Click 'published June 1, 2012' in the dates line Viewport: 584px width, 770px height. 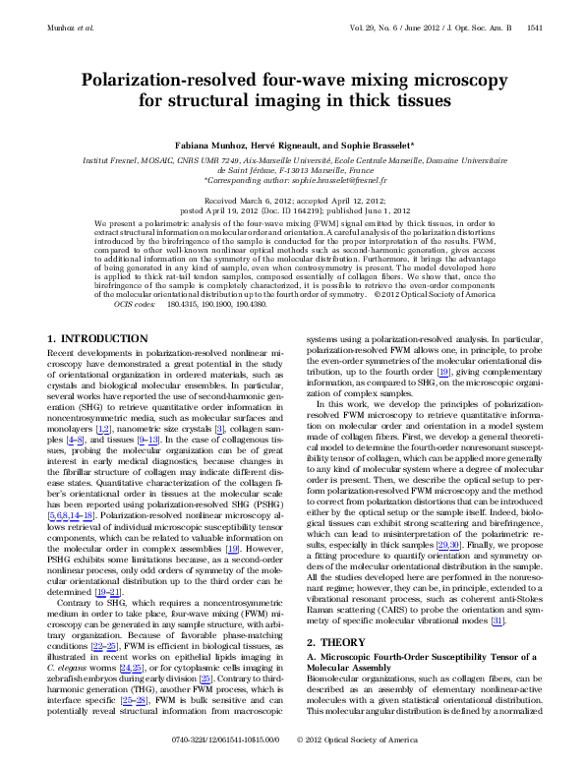point(359,208)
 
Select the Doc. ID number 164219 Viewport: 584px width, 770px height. point(285,208)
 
